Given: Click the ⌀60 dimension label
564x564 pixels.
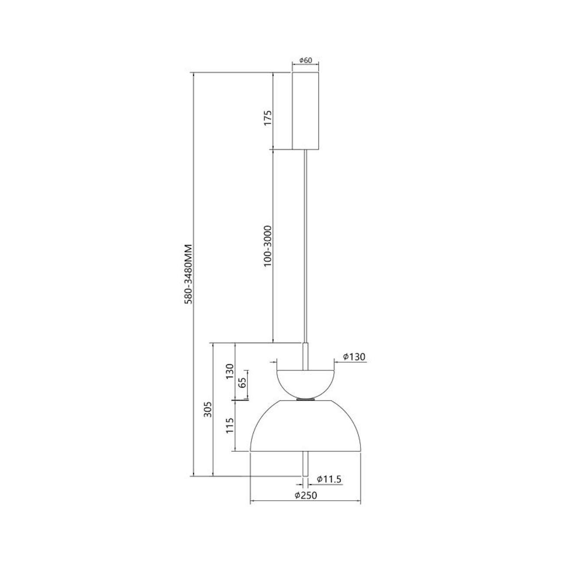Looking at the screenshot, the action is point(305,60).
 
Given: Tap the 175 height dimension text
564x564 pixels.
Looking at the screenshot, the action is point(268,118).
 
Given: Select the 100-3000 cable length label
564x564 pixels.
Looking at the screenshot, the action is point(268,246).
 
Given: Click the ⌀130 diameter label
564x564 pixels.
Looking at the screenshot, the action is point(354,357).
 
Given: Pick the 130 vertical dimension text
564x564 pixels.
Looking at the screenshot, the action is point(230,371).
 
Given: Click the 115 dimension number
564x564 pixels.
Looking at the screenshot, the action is point(230,426).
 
